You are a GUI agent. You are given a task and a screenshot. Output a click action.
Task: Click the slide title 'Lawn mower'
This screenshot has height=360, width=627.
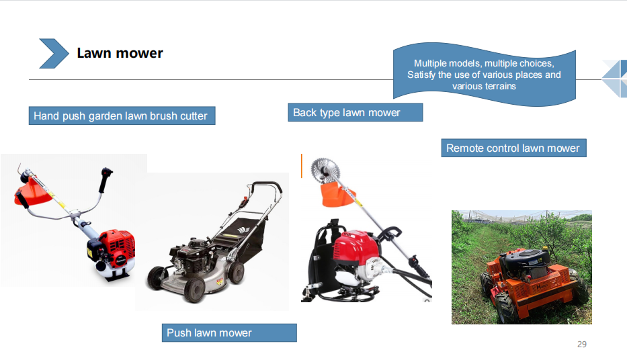(120, 53)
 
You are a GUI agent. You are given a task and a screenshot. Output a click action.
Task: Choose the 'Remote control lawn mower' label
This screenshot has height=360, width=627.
(513, 148)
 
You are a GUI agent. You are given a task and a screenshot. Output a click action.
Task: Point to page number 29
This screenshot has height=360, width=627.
(582, 345)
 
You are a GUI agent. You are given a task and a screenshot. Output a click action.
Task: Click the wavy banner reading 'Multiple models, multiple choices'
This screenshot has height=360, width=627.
(485, 75)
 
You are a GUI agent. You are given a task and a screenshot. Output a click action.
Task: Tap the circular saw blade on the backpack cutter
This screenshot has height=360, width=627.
(325, 170)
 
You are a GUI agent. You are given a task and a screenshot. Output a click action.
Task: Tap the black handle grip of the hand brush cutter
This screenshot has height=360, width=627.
(106, 180)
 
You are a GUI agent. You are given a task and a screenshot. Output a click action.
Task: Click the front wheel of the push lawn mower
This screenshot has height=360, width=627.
(194, 289)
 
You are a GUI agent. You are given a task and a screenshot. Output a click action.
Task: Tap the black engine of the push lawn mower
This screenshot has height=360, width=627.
(192, 255)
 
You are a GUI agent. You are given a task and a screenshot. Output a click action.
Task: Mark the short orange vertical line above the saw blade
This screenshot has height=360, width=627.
(302, 166)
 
